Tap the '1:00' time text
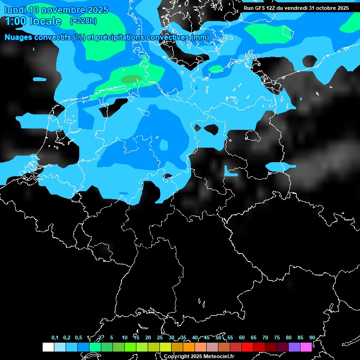point(15,21)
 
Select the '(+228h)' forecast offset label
point(83,21)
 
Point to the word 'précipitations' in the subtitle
point(120,37)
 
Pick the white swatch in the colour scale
point(48,347)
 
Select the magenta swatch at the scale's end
point(306,347)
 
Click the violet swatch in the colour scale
point(294,347)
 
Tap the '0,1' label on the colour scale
point(55,337)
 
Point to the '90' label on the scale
point(312,337)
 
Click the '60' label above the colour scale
point(241,337)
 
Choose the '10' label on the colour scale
point(124,337)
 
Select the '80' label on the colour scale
point(288,337)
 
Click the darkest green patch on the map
point(131,80)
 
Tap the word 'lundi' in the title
point(14,10)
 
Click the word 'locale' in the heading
point(45,21)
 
